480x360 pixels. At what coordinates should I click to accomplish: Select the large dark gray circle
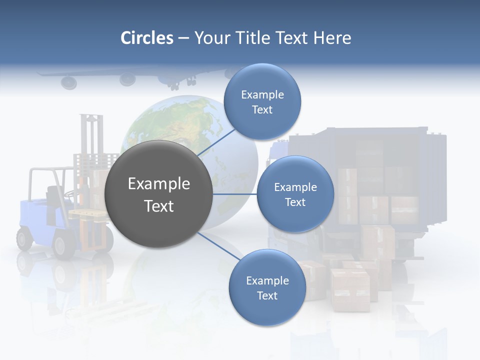[x=158, y=194]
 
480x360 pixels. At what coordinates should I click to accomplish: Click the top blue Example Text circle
[x=262, y=102]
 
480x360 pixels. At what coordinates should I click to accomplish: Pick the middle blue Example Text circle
[x=295, y=194]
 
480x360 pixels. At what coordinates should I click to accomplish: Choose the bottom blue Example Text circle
[x=267, y=288]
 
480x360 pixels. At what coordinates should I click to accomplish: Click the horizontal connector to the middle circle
[x=235, y=194]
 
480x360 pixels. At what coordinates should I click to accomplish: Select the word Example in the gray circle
[x=158, y=184]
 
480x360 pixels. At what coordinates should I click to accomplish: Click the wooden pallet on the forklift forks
[x=87, y=215]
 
